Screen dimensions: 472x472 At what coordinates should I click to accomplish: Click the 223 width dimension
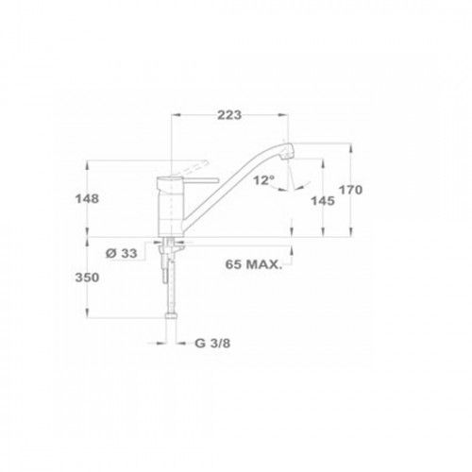click(x=229, y=115)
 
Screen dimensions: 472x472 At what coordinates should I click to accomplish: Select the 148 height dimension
click(x=87, y=198)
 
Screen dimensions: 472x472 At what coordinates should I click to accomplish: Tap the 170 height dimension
click(x=350, y=190)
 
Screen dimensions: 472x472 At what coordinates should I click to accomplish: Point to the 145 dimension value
click(x=323, y=200)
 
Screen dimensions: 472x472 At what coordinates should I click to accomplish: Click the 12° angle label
click(x=264, y=180)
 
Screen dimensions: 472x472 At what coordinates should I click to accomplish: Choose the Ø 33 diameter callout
click(x=122, y=253)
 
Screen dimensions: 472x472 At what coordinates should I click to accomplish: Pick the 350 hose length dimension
click(x=87, y=278)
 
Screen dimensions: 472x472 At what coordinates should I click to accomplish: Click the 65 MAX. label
click(x=253, y=264)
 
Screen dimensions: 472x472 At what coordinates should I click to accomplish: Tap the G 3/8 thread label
click(x=212, y=343)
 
